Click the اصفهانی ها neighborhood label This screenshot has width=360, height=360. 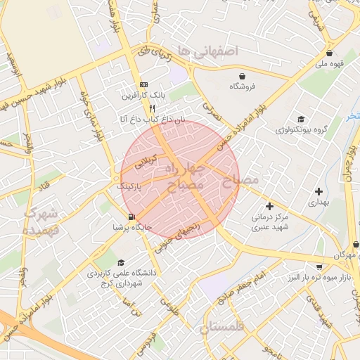pyautogui.click(x=209, y=51)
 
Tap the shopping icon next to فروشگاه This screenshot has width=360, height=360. pyautogui.click(x=243, y=76)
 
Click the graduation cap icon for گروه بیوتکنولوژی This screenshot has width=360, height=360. pyautogui.click(x=301, y=120)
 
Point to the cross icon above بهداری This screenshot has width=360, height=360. pyautogui.click(x=319, y=191)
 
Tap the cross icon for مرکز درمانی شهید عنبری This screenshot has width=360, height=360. pyautogui.click(x=269, y=206)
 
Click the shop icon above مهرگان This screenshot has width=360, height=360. pyautogui.click(x=356, y=245)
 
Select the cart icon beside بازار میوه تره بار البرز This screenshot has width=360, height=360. pyautogui.click(x=319, y=266)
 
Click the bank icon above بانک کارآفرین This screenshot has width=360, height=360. pyautogui.click(x=144, y=84)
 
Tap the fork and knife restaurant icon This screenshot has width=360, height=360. pyautogui.click(x=152, y=109)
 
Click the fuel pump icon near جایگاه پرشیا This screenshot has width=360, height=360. pyautogui.click(x=131, y=217)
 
